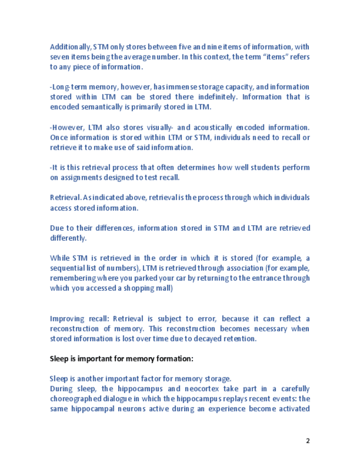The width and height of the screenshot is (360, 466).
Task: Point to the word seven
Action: pyautogui.click(x=59, y=57)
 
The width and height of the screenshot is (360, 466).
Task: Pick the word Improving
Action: pyautogui.click(x=67, y=319)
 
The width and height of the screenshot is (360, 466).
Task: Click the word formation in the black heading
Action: pyautogui.click(x=169, y=359)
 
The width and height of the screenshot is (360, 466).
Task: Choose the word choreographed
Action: pyautogui.click(x=79, y=398)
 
